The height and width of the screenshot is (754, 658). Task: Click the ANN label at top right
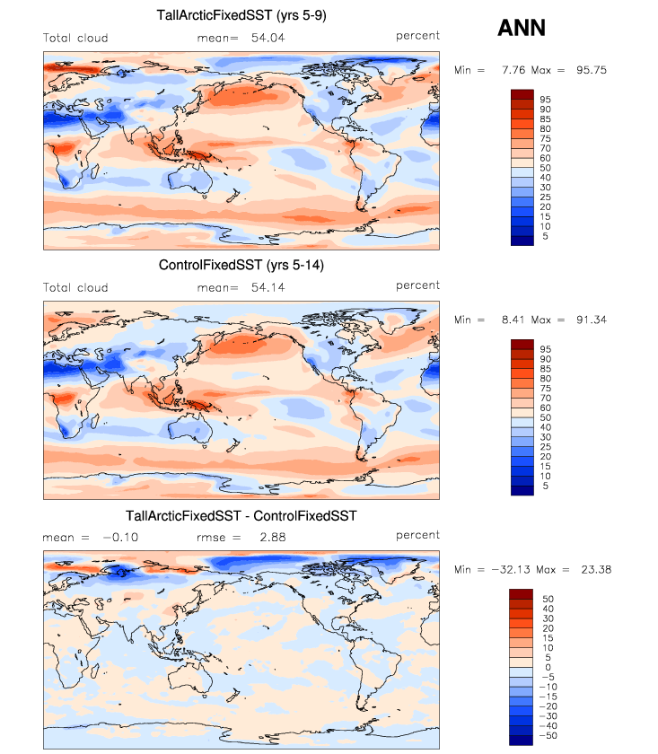coord(522,29)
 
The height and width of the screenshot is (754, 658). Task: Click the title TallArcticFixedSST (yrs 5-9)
coord(241,15)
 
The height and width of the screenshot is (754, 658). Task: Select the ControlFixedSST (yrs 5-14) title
coord(241,265)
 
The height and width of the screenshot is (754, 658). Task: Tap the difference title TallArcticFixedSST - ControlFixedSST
coord(241,515)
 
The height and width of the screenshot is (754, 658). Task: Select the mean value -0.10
coord(118,537)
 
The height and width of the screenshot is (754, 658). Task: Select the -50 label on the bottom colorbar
coord(548,735)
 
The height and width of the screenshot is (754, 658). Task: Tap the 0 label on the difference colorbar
coord(548,667)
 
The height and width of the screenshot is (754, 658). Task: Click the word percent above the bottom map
coord(417,535)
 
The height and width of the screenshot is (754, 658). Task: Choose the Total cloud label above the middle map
coord(75,288)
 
